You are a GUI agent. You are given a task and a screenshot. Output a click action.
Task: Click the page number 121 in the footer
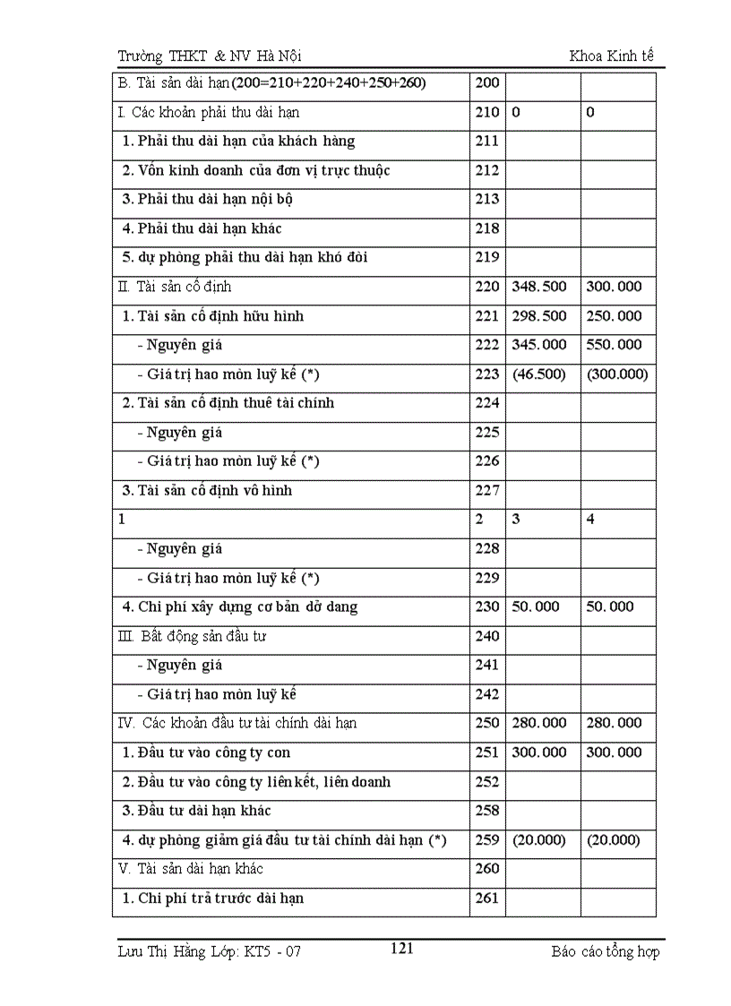point(402,949)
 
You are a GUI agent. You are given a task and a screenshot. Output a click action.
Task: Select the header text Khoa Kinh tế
point(612,56)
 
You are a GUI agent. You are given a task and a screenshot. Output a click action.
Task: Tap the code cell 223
point(487,374)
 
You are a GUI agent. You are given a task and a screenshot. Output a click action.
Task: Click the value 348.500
point(539,287)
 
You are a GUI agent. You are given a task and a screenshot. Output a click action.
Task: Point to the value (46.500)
point(539,374)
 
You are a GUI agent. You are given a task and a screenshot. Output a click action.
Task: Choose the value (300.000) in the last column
point(617,374)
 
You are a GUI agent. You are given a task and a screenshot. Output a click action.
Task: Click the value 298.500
point(539,316)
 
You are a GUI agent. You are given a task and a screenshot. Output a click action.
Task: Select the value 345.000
point(539,345)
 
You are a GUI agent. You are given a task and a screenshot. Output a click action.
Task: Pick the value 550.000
point(615,345)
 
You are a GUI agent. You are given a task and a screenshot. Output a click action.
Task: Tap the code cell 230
point(487,607)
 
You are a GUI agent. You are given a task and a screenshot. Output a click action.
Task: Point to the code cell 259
point(487,840)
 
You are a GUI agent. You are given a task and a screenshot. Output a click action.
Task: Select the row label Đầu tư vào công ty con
point(207,752)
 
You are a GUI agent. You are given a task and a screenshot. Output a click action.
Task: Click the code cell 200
point(487,83)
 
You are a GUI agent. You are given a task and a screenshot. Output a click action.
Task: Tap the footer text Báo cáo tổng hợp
point(606,951)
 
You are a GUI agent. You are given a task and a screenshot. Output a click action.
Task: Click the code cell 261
point(487,899)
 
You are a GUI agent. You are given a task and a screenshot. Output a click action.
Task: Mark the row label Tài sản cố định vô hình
point(208,491)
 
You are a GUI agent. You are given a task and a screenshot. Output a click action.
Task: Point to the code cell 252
point(487,782)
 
